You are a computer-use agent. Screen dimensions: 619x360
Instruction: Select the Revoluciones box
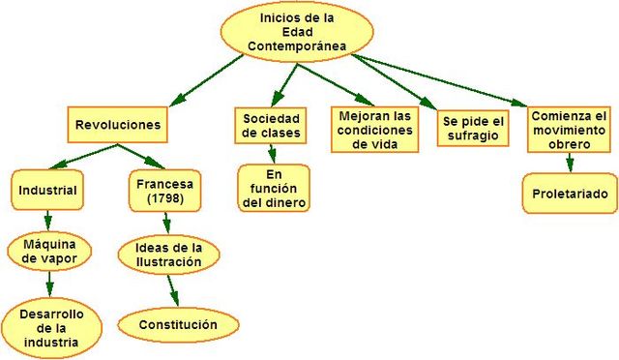pos(117,125)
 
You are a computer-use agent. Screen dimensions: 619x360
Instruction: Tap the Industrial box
pos(48,189)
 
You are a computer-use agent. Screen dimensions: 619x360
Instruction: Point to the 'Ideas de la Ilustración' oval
pos(168,254)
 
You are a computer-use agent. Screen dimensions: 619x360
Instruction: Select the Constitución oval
pos(178,323)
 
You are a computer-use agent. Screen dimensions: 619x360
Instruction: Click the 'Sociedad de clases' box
pos(271,125)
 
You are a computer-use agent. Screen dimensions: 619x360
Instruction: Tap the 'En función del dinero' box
pos(275,188)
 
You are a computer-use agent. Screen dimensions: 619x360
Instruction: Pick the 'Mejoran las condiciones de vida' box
pos(376,128)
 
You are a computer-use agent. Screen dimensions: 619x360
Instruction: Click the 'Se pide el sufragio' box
pos(474,128)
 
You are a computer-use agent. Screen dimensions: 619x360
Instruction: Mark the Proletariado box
pos(570,194)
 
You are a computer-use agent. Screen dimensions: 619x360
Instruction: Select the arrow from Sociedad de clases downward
pos(273,153)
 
